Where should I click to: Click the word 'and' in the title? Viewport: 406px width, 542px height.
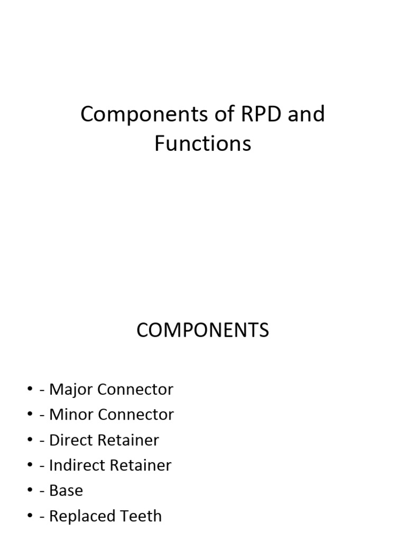click(306, 114)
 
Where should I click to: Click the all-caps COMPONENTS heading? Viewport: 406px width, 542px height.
click(202, 330)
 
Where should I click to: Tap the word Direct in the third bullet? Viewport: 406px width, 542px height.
click(71, 440)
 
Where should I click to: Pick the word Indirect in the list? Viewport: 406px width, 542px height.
click(77, 465)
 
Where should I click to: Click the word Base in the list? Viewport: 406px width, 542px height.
click(66, 491)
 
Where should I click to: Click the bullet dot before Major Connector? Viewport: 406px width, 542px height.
click(30, 389)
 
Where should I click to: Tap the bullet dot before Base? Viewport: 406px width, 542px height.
click(30, 490)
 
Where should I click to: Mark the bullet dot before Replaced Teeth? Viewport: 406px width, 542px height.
click(30, 515)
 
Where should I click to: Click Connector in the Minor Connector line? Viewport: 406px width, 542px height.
click(136, 414)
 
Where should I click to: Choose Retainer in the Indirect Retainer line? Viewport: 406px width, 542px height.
click(141, 465)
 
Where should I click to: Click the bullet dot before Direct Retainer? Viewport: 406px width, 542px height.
click(30, 439)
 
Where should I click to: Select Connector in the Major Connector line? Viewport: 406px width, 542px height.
click(135, 389)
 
